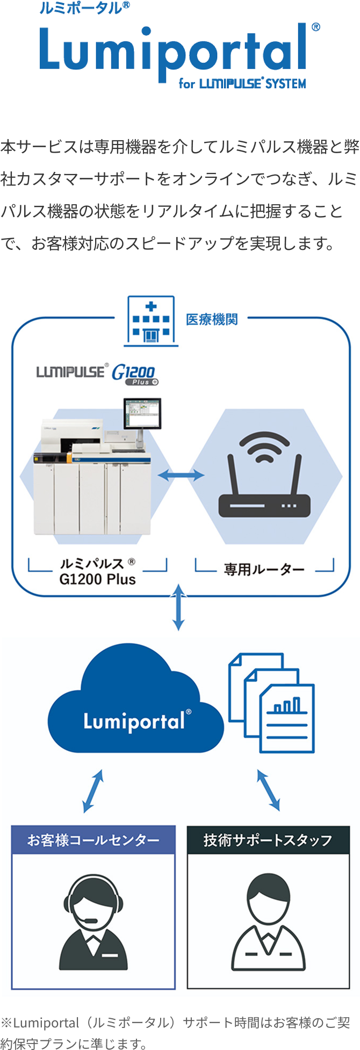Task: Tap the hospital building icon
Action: click(x=151, y=321)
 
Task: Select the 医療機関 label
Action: click(x=212, y=320)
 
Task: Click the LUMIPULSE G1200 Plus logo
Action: click(x=97, y=373)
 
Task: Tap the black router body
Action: click(x=264, y=506)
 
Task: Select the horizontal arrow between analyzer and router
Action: click(x=181, y=475)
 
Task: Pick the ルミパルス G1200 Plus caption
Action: click(x=97, y=571)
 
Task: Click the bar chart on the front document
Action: click(x=285, y=706)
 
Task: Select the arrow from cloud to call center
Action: click(x=93, y=790)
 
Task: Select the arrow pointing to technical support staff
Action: click(x=268, y=790)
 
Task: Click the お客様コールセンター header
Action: click(x=93, y=839)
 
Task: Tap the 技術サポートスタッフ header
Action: click(x=268, y=839)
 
